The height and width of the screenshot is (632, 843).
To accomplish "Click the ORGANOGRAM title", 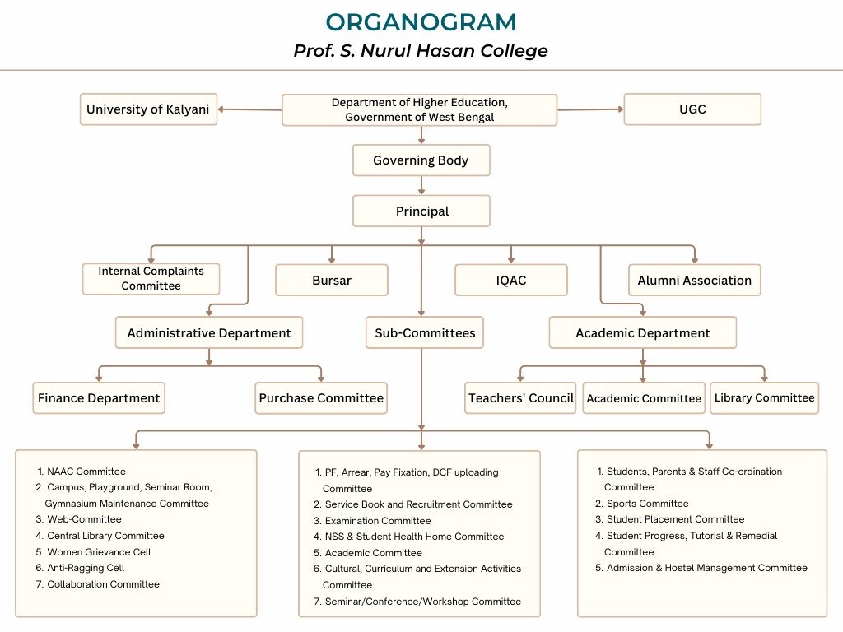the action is (421, 22).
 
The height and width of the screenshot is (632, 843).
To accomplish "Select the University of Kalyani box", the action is (148, 109).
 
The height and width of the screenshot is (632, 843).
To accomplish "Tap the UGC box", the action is (692, 109).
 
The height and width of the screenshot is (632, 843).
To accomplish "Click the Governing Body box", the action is (421, 160).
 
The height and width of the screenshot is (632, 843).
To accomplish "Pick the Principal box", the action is (421, 211).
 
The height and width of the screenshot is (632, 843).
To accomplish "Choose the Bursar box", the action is (332, 280).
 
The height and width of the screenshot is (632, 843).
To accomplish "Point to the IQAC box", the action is (511, 280).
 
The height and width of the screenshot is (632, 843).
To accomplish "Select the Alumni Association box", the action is (695, 280).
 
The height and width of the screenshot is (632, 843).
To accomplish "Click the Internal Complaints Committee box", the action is (151, 278).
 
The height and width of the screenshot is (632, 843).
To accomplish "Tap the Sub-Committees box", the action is (425, 332).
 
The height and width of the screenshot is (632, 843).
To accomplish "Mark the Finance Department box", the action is (99, 398).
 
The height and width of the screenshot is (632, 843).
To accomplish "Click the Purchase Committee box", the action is (321, 398).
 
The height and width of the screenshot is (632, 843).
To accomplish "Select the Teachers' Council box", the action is (520, 398).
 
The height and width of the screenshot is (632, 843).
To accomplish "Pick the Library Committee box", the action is (765, 398).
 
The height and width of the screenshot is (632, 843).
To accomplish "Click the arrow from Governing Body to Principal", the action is (421, 185).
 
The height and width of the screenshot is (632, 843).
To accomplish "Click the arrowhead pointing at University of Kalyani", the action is (221, 109).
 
